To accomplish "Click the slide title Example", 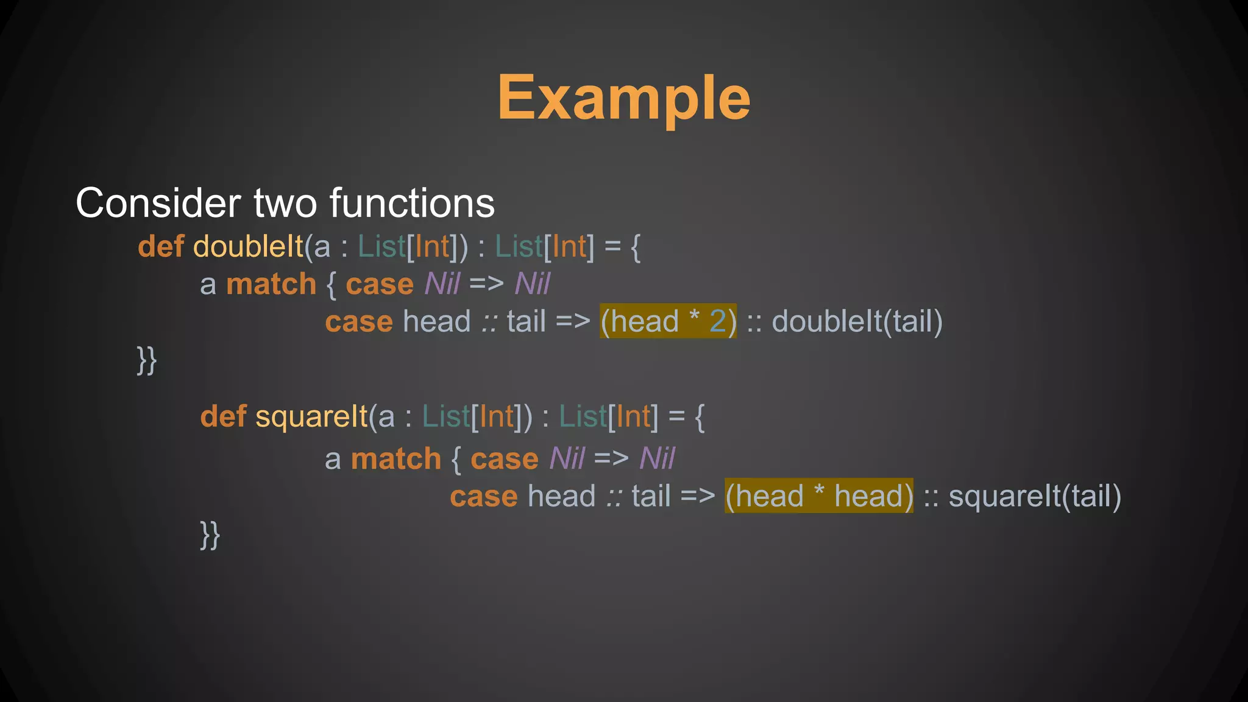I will [623, 97].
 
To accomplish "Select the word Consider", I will [158, 203].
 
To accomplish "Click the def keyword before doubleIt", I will [161, 247].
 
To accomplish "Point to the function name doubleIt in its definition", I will [248, 247].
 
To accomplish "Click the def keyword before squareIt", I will [224, 417].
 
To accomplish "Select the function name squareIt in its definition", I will [311, 417].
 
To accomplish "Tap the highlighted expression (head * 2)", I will [668, 321].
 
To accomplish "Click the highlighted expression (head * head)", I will [818, 496].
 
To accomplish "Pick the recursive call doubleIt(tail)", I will [857, 321].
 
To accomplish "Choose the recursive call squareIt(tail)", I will [1035, 496].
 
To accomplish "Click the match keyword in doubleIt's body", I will [271, 285].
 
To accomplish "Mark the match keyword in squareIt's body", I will [396, 459].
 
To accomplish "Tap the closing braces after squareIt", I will [210, 535].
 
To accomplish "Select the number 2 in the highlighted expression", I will [718, 321].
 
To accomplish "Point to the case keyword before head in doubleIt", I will [359, 322].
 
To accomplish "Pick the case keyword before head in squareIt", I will [484, 497].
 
